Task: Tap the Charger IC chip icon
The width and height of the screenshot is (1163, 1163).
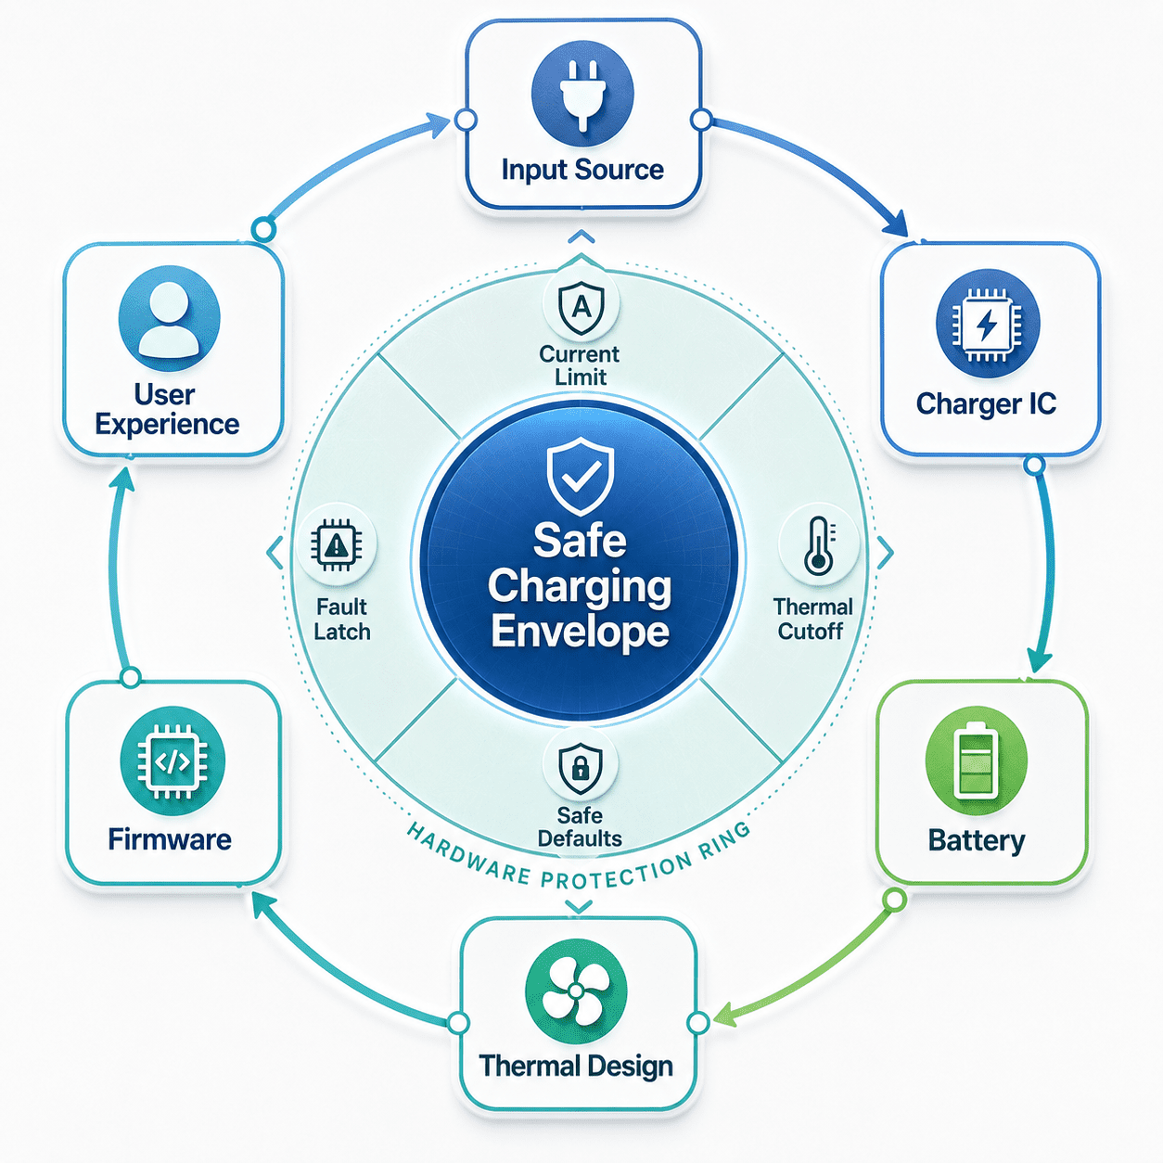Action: pyautogui.click(x=988, y=323)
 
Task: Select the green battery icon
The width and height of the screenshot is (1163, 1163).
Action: pyautogui.click(x=976, y=760)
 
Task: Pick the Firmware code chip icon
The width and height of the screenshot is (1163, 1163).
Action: pyautogui.click(x=173, y=761)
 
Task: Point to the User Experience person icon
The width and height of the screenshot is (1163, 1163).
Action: pyautogui.click(x=169, y=318)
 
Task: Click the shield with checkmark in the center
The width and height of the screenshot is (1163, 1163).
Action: pyautogui.click(x=580, y=476)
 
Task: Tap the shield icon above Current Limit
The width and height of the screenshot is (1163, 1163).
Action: pyautogui.click(x=581, y=307)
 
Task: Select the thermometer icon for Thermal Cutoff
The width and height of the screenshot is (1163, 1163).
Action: pyautogui.click(x=819, y=545)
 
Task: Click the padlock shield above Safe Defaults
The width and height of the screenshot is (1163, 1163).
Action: pyautogui.click(x=580, y=769)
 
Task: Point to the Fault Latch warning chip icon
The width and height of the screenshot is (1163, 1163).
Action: pyautogui.click(x=336, y=545)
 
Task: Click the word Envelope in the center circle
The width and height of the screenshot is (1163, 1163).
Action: pyautogui.click(x=580, y=631)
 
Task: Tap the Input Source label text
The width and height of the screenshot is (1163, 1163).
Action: pyautogui.click(x=582, y=170)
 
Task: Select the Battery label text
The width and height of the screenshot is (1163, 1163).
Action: pyautogui.click(x=977, y=840)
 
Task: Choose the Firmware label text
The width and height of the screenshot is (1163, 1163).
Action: pyautogui.click(x=170, y=839)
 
